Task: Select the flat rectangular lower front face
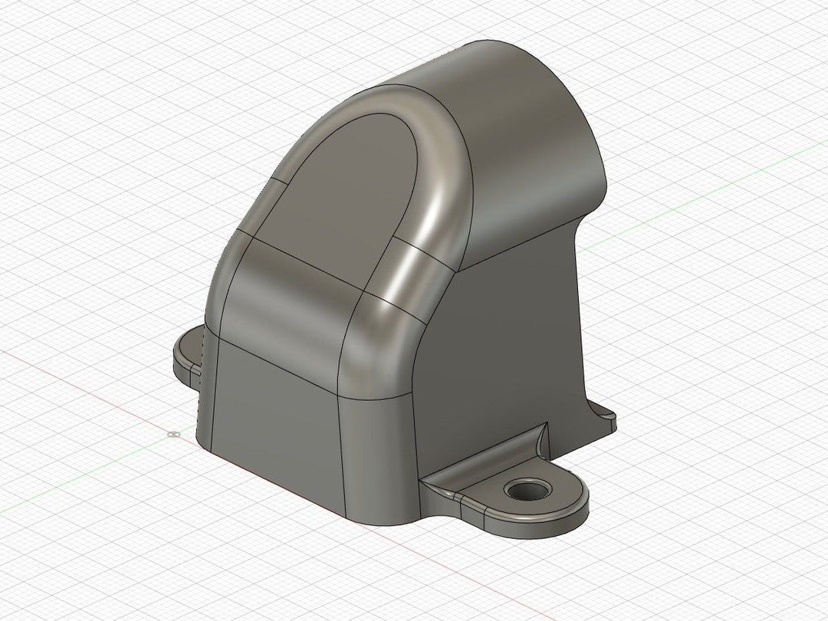click(x=276, y=429)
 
